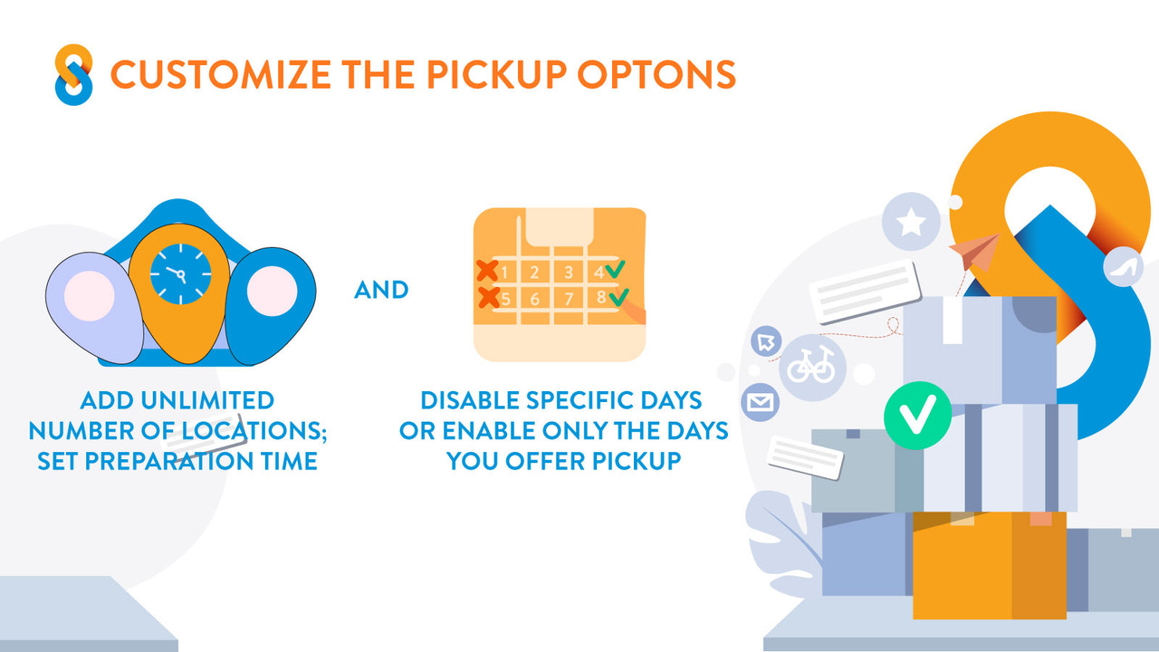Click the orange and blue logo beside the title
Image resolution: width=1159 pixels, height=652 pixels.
(73, 74)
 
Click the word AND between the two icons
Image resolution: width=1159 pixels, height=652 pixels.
(381, 290)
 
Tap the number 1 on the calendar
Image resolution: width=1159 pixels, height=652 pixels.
(503, 272)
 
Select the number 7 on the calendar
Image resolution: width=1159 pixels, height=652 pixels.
(569, 299)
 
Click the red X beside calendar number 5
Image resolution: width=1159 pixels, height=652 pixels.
(488, 296)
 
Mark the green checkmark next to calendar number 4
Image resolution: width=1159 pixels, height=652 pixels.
(616, 269)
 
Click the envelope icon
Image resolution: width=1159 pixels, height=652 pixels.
(760, 401)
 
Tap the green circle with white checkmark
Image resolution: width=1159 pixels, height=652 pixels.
(917, 417)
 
